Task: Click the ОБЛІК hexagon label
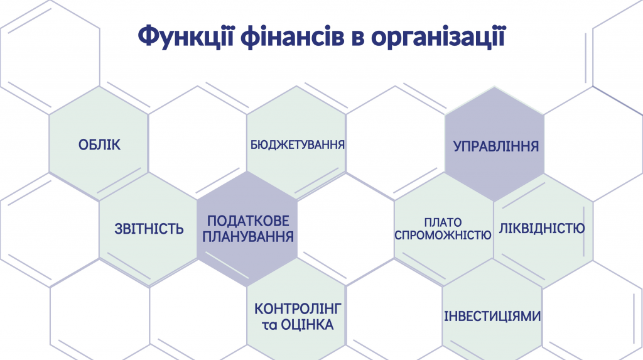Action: (x=100, y=145)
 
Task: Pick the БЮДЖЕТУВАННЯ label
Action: (x=297, y=145)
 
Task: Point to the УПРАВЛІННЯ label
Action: (x=496, y=146)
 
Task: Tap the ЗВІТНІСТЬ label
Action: (x=149, y=229)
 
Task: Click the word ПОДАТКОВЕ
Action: (x=248, y=221)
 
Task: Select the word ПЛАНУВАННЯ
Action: (x=248, y=237)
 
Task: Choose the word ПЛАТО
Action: (x=443, y=222)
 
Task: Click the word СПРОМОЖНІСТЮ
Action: (x=443, y=235)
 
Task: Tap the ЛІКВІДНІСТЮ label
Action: (x=542, y=228)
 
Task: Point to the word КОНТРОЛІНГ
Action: (x=298, y=308)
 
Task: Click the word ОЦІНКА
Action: (x=307, y=325)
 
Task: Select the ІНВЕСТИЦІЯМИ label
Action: (x=492, y=316)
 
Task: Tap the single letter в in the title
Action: (x=357, y=38)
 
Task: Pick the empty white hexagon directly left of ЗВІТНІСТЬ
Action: (x=50, y=230)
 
